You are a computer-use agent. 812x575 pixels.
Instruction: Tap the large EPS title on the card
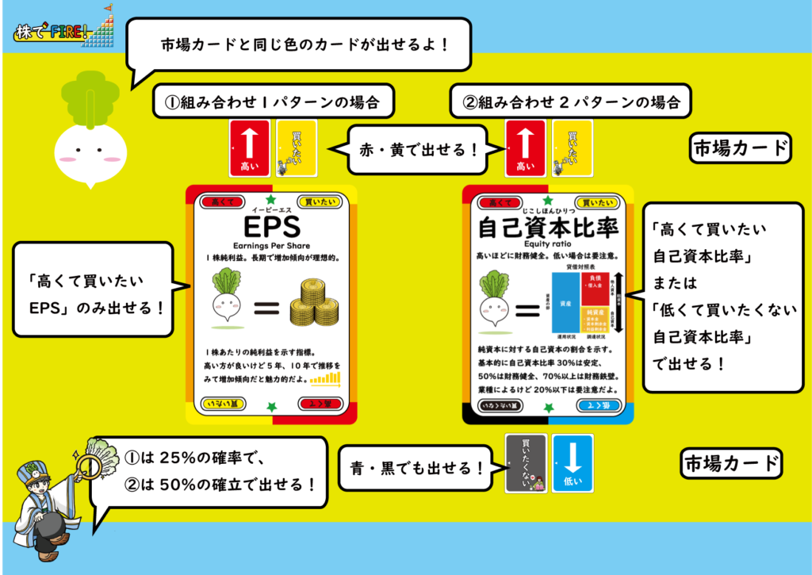click(x=271, y=228)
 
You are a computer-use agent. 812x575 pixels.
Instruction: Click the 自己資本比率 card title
click(x=547, y=228)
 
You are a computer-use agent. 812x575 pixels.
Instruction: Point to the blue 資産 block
click(x=565, y=304)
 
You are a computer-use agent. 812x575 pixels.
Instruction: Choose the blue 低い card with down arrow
click(x=572, y=463)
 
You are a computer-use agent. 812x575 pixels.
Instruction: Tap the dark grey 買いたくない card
click(x=526, y=463)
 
